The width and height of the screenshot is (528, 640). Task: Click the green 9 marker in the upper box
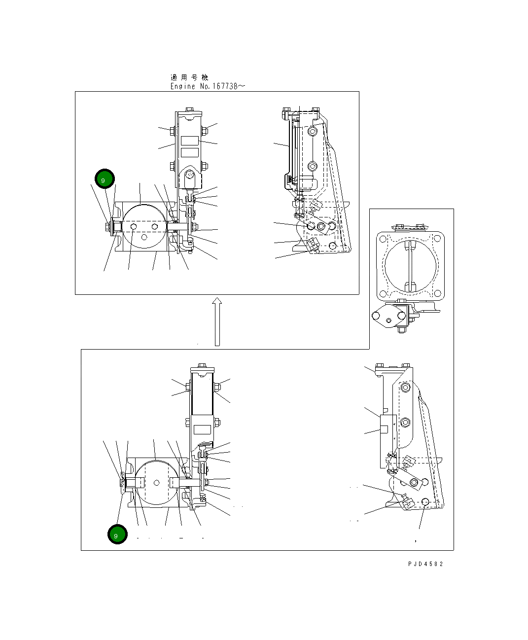(105, 179)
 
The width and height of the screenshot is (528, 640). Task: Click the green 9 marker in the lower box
(118, 535)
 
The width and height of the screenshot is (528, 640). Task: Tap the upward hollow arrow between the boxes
(217, 321)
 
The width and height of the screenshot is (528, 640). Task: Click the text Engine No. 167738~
(208, 86)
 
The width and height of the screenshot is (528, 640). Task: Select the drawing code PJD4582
(425, 564)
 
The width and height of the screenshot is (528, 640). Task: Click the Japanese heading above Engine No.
(189, 77)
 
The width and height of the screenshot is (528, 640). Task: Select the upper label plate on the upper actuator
(189, 141)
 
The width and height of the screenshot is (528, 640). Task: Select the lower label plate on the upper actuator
(189, 152)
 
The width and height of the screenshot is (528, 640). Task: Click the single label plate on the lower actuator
(202, 429)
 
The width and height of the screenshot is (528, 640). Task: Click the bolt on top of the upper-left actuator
(189, 110)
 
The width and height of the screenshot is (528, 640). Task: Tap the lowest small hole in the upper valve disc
(144, 237)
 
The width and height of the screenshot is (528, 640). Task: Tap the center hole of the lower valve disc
(156, 482)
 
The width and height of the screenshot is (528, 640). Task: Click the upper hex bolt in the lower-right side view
(405, 388)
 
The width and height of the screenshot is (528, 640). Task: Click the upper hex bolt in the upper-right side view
(312, 131)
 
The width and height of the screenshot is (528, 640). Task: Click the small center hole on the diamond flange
(389, 320)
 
